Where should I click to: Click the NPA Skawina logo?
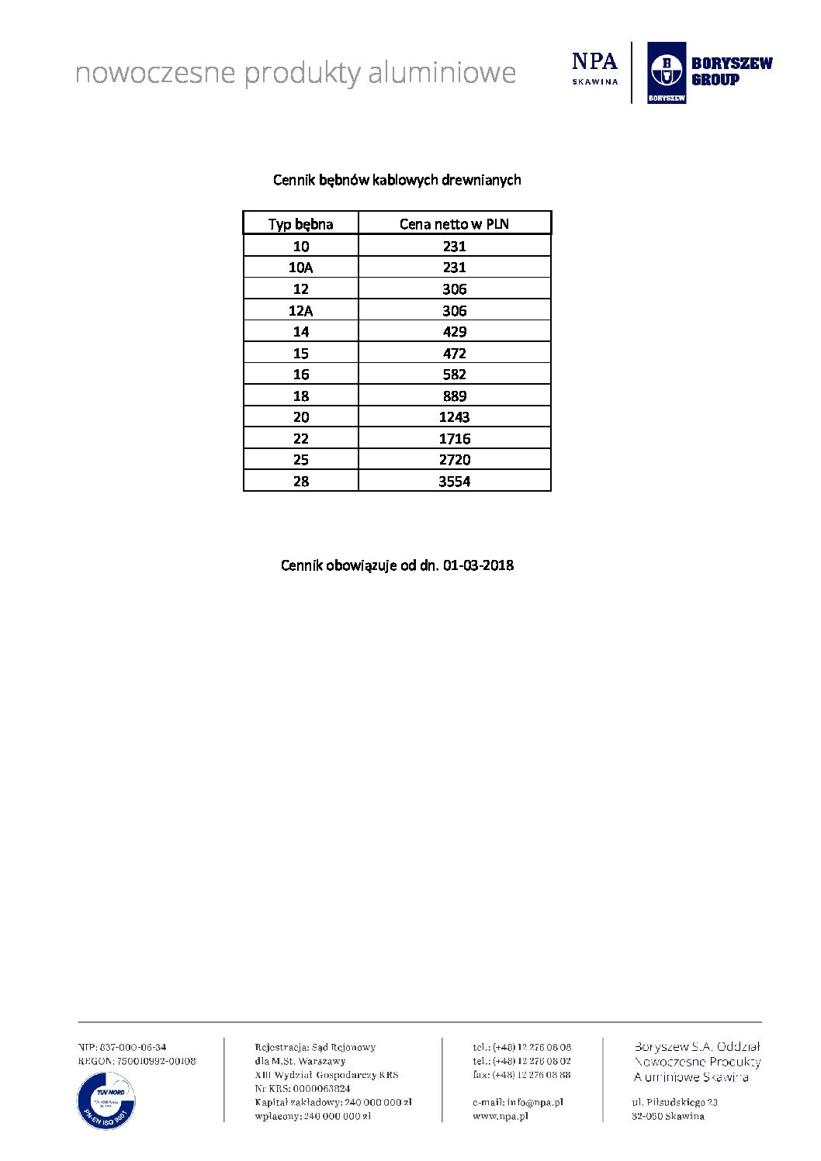[594, 68]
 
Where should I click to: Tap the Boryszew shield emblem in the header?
[666, 71]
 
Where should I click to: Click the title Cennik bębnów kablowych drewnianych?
[397, 180]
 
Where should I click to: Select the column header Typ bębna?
[300, 224]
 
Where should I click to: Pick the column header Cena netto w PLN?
[454, 224]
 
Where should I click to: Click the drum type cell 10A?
[300, 268]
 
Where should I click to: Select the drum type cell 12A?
[300, 310]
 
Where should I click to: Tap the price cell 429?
[454, 332]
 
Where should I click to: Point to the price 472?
[454, 353]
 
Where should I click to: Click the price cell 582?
[454, 375]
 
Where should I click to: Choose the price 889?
[454, 396]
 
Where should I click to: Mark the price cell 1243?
[454, 417]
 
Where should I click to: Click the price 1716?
[454, 438]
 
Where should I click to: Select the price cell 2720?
[454, 460]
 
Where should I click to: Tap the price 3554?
[454, 481]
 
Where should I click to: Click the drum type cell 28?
[300, 481]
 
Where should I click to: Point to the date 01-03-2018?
[478, 565]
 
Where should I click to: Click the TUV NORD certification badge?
[106, 1100]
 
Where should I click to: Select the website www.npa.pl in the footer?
[501, 1116]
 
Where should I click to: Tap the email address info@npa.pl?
[535, 1102]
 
